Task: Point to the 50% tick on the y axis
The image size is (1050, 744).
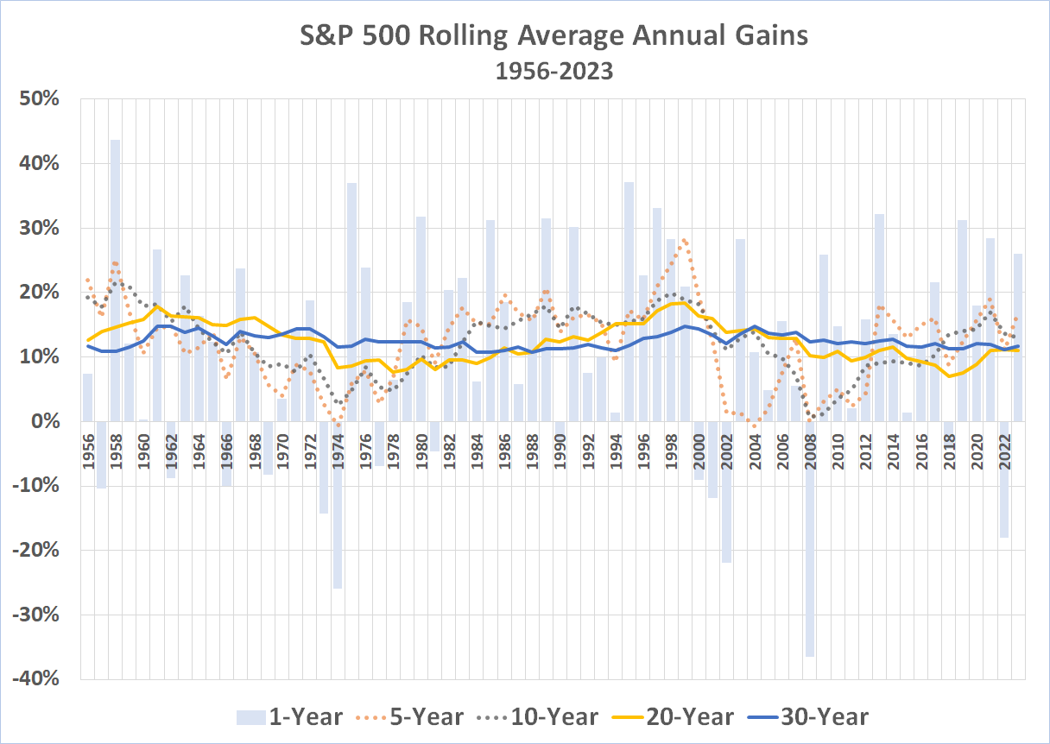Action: click(x=39, y=99)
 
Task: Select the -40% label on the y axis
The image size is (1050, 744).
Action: click(x=35, y=679)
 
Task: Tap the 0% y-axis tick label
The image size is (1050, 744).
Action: click(x=44, y=421)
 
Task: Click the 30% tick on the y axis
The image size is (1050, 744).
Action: click(x=39, y=228)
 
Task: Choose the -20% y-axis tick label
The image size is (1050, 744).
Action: click(x=35, y=551)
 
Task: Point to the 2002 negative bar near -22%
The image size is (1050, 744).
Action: click(x=726, y=492)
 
